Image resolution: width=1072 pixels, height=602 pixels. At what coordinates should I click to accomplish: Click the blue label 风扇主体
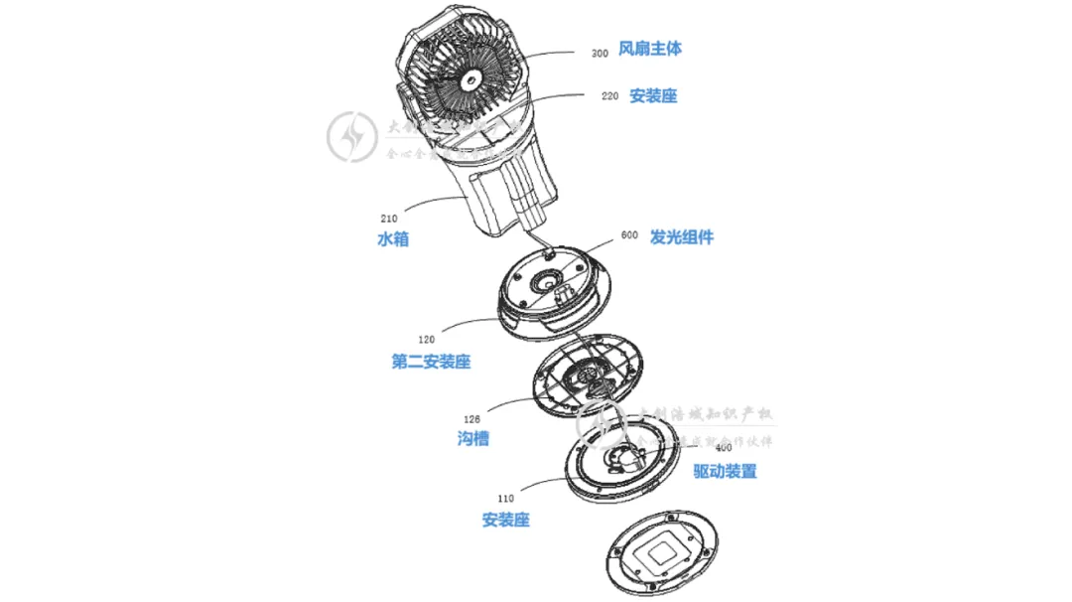click(649, 49)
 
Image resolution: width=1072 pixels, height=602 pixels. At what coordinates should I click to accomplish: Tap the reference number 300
click(600, 54)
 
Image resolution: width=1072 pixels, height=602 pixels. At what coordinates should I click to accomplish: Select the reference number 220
click(609, 96)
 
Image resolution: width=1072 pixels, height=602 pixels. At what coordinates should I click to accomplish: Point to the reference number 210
click(390, 216)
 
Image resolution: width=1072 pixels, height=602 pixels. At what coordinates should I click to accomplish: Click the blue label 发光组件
click(681, 237)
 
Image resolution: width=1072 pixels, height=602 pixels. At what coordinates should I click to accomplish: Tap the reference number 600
click(628, 235)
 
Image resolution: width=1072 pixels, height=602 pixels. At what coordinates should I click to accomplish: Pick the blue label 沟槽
click(472, 438)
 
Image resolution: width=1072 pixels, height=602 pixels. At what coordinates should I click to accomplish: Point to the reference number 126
click(473, 418)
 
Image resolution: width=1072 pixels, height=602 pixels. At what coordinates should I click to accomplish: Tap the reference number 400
click(724, 448)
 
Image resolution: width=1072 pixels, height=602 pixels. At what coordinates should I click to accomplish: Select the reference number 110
click(505, 497)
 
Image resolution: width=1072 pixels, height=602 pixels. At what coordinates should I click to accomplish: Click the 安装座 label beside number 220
click(653, 96)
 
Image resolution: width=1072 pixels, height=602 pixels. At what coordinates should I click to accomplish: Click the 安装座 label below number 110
click(505, 520)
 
